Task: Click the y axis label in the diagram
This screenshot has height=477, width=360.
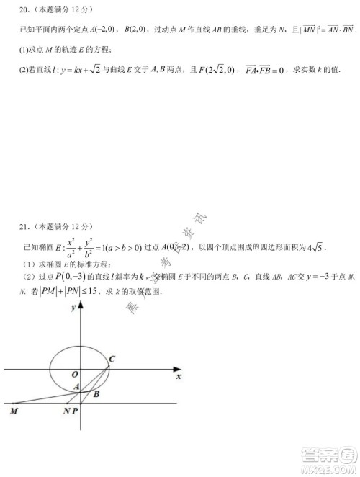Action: [x=73, y=308]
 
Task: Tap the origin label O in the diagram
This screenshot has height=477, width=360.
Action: [x=74, y=374]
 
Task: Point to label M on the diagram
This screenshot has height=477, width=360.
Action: [x=14, y=411]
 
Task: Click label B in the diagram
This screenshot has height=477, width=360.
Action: [x=96, y=393]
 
